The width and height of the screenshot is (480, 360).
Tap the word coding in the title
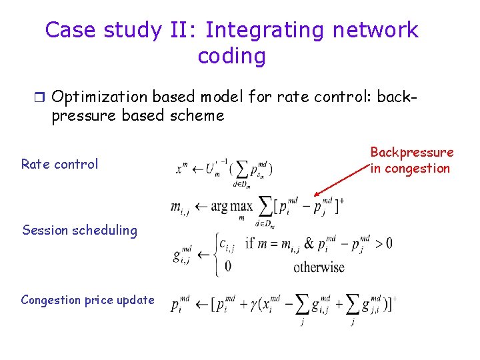(231, 56)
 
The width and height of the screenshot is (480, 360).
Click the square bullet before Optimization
(40, 97)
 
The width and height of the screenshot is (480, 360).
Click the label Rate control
(59, 164)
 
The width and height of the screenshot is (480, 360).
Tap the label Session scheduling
(79, 231)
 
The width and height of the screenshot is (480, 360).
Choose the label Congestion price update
(87, 300)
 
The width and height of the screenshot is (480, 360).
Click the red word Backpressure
(411, 153)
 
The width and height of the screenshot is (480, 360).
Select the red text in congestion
(410, 169)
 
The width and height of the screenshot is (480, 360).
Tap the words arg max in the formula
(232, 206)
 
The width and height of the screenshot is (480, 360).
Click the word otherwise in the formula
(319, 267)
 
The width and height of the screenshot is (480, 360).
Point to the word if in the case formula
(251, 243)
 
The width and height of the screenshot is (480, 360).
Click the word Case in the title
(68, 31)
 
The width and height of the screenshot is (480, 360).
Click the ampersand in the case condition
(309, 243)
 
